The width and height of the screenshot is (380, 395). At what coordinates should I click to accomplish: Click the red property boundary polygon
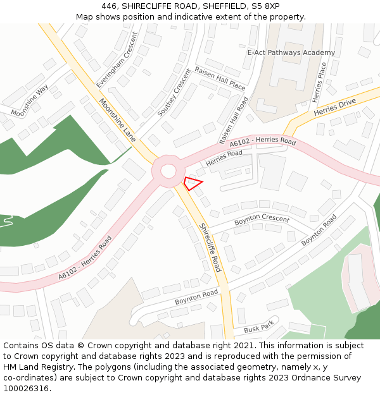(x=193, y=183)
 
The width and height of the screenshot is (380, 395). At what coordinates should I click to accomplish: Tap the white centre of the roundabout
(x=168, y=171)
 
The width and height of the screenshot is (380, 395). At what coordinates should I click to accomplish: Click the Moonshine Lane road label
(x=118, y=119)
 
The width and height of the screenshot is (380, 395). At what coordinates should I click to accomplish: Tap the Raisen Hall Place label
(x=220, y=78)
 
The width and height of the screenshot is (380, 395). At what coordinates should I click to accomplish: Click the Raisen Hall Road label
(x=234, y=120)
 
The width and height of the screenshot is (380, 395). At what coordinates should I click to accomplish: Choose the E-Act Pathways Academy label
(x=291, y=52)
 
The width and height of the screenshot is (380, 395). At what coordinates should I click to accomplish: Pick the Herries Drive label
(x=334, y=107)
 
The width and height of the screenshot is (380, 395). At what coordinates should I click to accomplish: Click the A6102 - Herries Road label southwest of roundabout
(x=85, y=258)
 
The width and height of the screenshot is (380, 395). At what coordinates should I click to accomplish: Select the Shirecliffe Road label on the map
(x=210, y=247)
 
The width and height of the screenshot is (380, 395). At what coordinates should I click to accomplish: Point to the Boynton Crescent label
(x=262, y=220)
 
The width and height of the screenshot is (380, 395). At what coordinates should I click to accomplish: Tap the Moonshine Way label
(x=30, y=100)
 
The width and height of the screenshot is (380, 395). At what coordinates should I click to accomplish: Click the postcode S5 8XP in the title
(x=265, y=6)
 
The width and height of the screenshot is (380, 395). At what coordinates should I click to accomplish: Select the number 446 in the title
(x=109, y=6)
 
